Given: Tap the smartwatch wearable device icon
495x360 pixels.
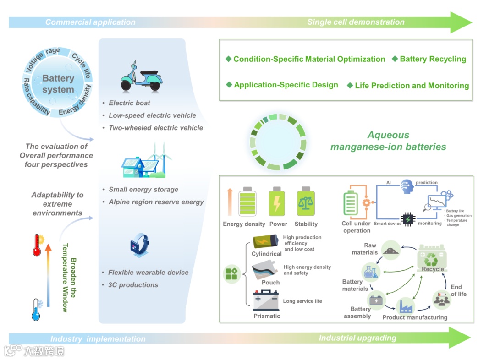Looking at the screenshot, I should click(140, 245).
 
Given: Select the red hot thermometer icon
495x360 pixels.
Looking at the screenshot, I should click(37, 245).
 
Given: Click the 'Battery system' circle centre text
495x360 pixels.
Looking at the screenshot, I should click(58, 84).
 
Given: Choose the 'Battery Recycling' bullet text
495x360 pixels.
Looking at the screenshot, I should click(433, 59).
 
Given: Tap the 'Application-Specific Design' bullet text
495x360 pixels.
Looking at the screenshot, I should click(286, 85).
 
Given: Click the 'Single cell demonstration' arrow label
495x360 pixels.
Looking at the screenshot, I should click(356, 22).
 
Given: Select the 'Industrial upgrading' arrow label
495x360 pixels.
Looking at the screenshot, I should click(357, 338).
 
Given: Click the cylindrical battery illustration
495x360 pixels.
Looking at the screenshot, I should click(265, 242).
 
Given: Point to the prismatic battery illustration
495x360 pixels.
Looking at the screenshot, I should click(266, 301).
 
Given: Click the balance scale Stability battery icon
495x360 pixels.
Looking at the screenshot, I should click(304, 202).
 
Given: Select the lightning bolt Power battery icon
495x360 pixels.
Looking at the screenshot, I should click(277, 202).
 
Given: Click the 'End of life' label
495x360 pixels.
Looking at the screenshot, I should click(458, 290).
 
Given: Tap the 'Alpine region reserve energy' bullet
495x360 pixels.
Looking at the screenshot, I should click(156, 202).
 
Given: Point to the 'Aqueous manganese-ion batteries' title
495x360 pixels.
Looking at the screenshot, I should click(388, 141).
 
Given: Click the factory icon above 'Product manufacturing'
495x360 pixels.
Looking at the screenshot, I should click(406, 305).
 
